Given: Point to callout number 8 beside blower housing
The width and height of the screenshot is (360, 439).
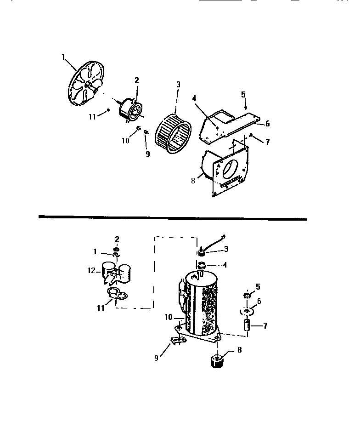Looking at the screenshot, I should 193,181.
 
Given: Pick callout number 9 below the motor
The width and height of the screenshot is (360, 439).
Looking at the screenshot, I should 147,154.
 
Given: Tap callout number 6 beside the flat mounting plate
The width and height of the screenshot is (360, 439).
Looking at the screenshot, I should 267,124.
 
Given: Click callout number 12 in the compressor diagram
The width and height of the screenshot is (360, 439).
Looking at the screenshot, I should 91,271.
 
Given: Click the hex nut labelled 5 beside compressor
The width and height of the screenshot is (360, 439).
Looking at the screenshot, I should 246,295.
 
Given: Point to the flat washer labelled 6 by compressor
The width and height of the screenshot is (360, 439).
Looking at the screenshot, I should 247,311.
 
